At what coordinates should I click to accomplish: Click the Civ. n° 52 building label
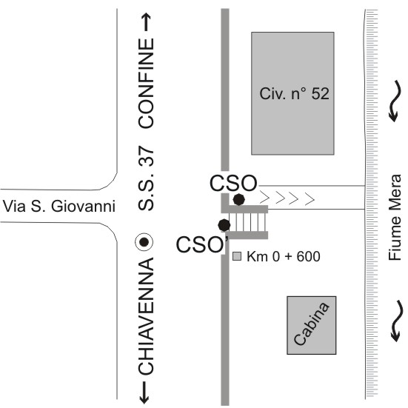tap(294, 94)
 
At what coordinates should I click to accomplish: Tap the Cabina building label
tap(312, 324)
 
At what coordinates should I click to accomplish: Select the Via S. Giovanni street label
tap(59, 206)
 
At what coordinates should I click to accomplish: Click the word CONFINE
tap(146, 83)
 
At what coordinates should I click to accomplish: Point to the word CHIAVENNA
tap(146, 316)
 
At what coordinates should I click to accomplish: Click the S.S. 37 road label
tap(146, 178)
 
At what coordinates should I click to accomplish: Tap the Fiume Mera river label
tap(395, 218)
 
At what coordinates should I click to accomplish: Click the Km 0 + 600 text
tap(284, 256)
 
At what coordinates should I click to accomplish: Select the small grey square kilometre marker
tap(237, 256)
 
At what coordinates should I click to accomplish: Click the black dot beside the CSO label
tap(239, 200)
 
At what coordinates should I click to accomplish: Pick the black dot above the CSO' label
tap(224, 225)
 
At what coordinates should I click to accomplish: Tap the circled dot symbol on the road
tap(144, 242)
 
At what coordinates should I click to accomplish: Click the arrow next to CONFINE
tap(147, 22)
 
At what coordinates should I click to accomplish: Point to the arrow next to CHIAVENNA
tap(144, 392)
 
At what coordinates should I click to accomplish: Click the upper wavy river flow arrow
tap(395, 101)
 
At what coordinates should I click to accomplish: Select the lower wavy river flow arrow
tap(397, 321)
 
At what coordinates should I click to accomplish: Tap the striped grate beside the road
tap(248, 222)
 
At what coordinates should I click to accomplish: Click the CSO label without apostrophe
tap(233, 183)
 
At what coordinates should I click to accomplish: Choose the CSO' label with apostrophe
tap(202, 244)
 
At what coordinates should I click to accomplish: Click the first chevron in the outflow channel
tap(264, 197)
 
